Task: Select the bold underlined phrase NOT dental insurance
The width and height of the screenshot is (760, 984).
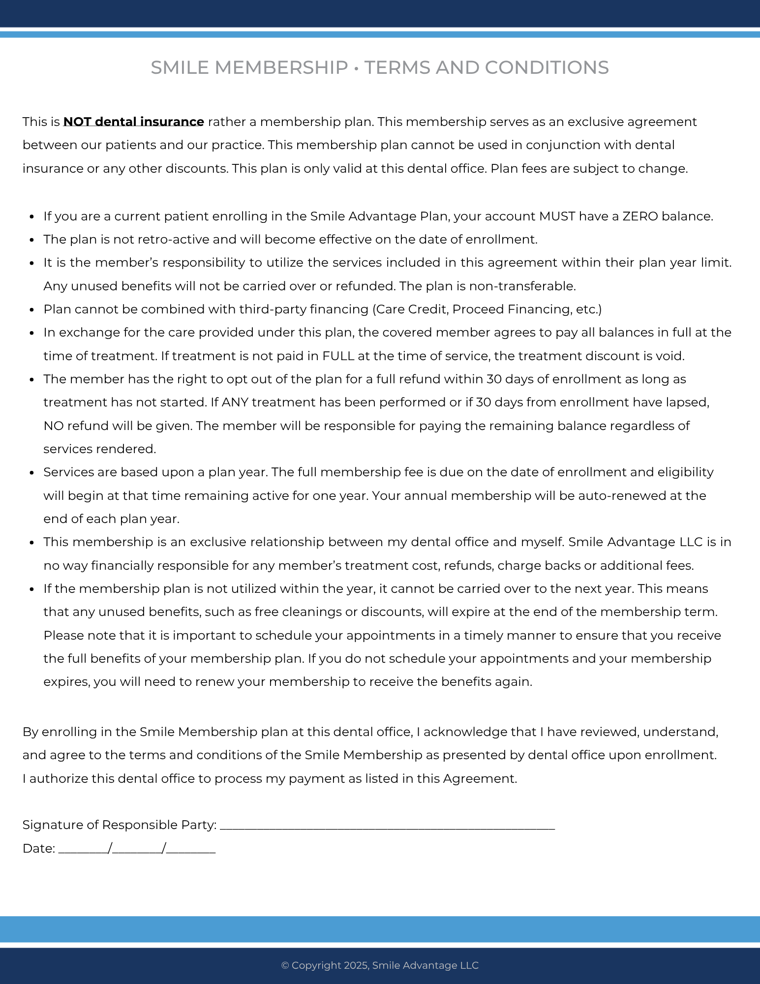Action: click(x=133, y=122)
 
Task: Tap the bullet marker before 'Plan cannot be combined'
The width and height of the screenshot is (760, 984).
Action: click(x=32, y=310)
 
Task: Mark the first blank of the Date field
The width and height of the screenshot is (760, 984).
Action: click(x=83, y=850)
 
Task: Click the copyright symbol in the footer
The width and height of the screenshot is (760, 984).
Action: click(x=285, y=965)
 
